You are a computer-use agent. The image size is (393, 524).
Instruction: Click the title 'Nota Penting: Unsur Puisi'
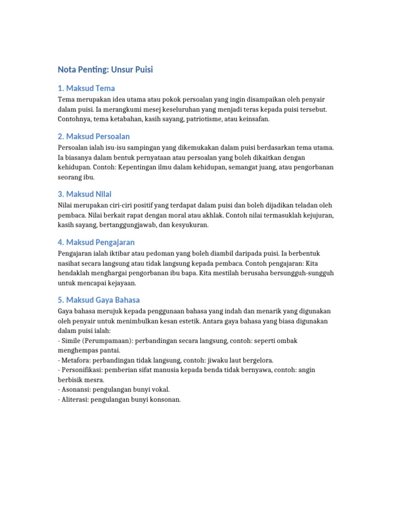[105, 70]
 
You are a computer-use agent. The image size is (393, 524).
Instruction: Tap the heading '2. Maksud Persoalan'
[94, 136]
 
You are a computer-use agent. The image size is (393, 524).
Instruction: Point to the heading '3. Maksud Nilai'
[84, 194]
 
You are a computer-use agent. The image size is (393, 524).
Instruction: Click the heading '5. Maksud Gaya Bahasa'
[99, 300]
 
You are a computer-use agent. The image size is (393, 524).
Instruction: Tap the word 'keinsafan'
[252, 119]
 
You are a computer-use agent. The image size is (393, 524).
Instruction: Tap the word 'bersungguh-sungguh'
[301, 273]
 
